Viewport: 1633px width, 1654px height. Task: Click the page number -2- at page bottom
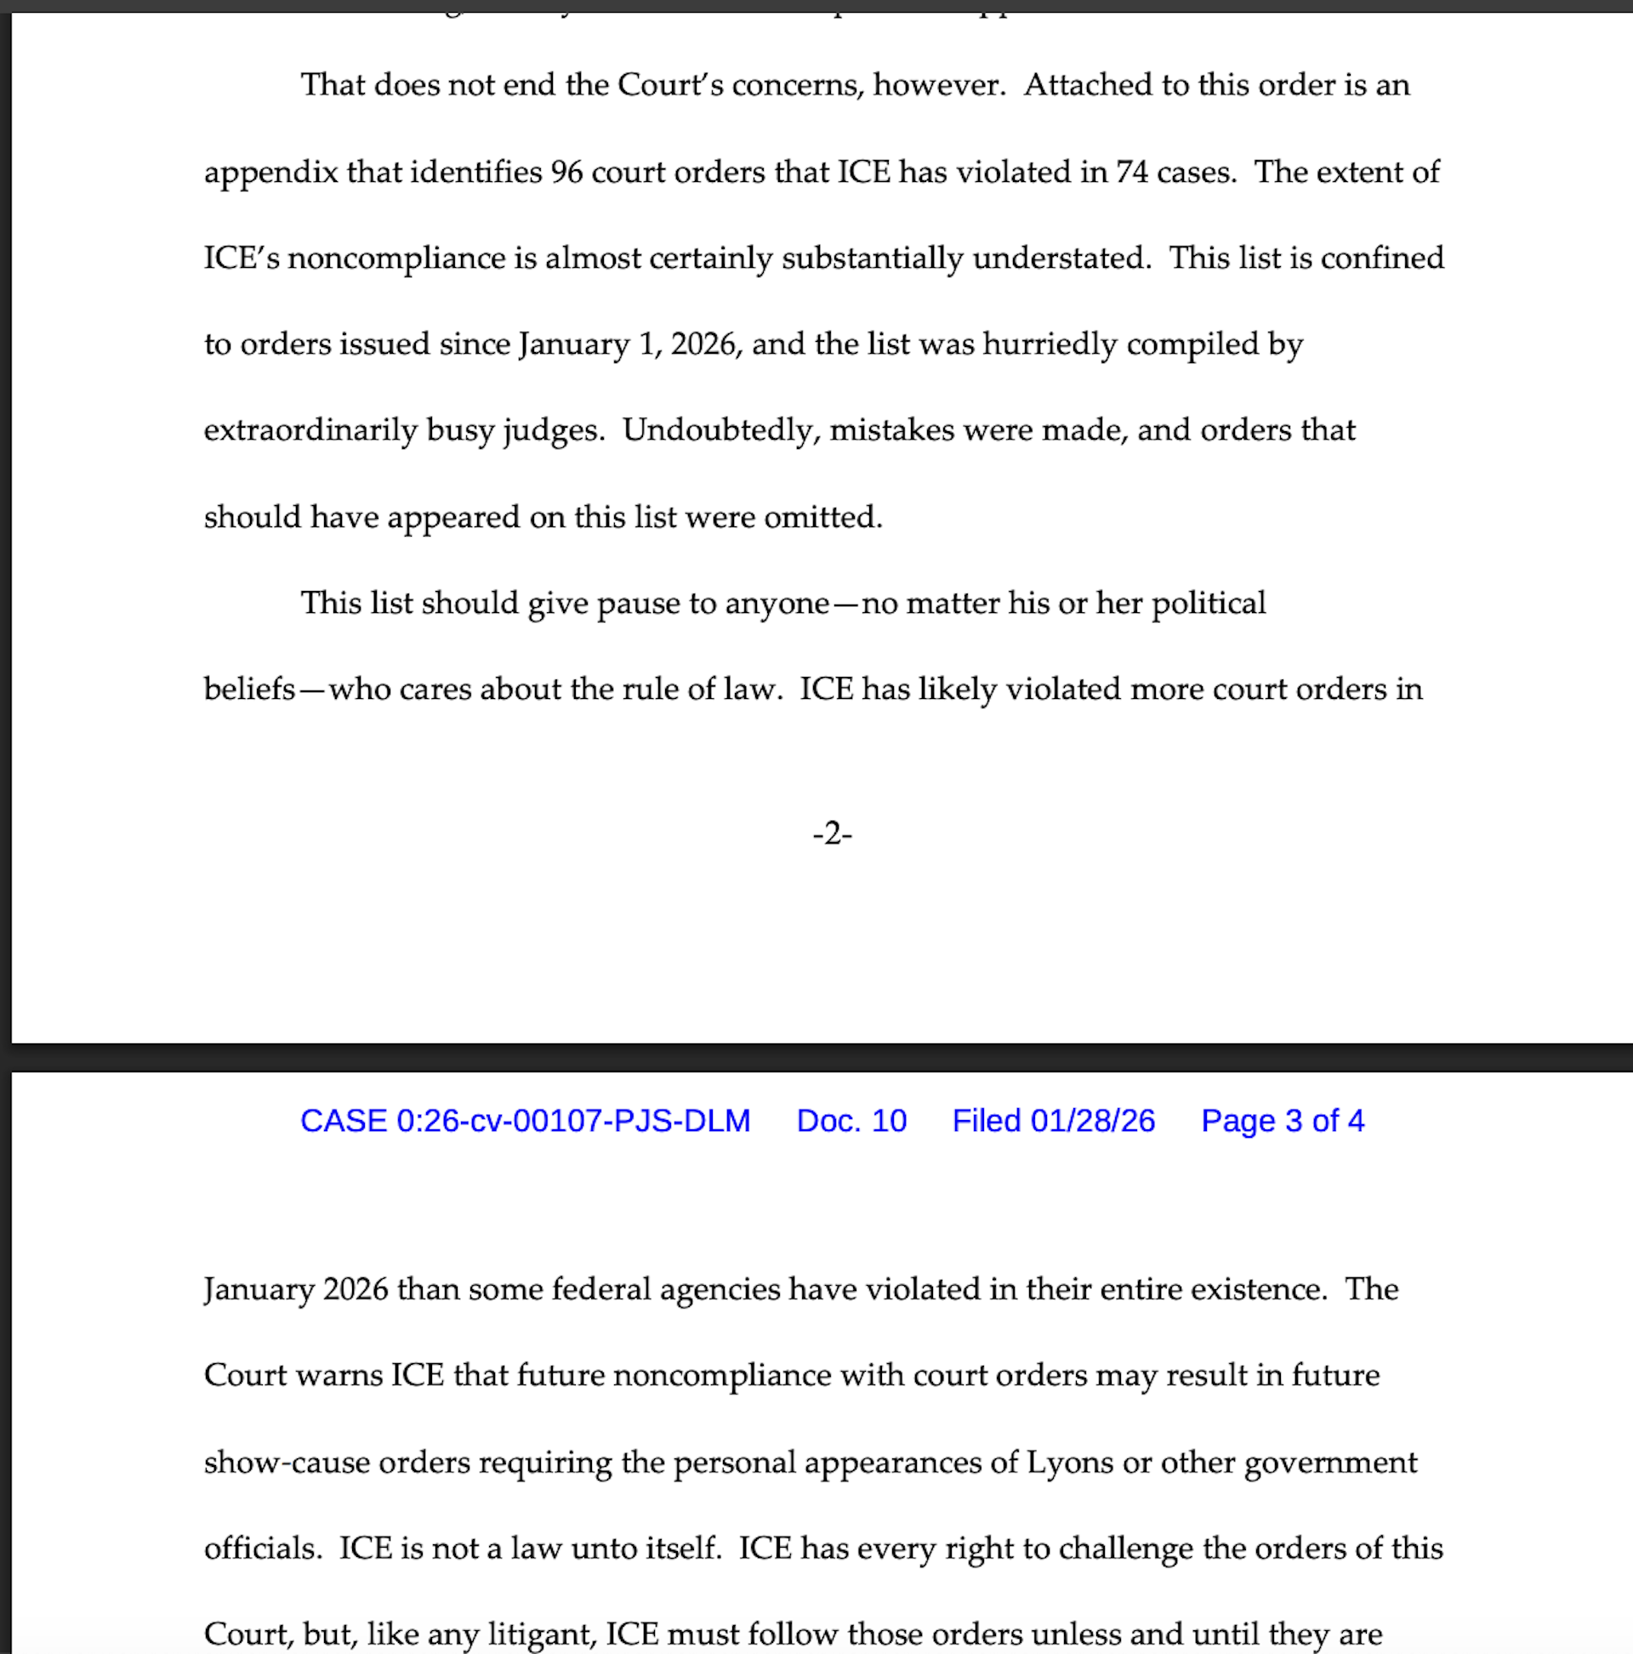coord(832,833)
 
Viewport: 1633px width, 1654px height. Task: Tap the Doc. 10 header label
coord(851,1121)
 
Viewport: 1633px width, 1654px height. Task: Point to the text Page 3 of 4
coord(1282,1121)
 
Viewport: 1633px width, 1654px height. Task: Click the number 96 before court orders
coord(566,172)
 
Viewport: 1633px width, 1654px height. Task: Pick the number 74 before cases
coord(1130,172)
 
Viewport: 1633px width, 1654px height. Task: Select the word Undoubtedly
coord(717,429)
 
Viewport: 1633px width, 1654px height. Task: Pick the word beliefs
coord(249,688)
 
